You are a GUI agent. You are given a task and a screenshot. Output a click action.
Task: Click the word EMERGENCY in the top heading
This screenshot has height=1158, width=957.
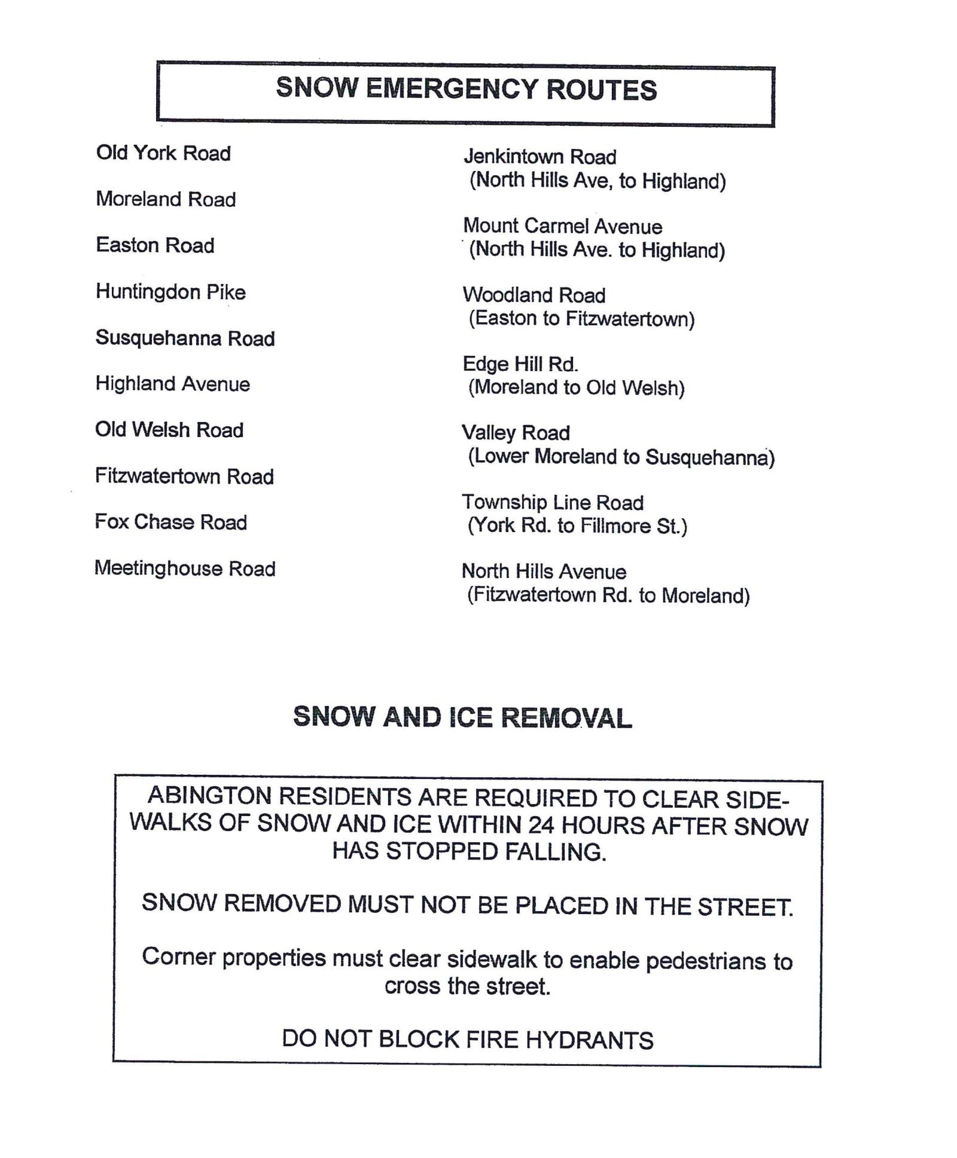point(452,89)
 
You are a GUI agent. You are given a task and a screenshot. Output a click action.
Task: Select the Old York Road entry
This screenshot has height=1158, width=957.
point(163,153)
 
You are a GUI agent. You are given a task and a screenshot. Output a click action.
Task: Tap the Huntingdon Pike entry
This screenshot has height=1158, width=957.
point(170,292)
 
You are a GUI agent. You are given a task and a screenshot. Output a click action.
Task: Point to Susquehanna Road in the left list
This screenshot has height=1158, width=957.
point(185,338)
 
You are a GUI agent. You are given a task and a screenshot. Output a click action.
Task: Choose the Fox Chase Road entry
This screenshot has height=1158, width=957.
point(170,522)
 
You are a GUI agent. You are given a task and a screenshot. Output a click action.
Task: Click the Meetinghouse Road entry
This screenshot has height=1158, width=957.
point(185,568)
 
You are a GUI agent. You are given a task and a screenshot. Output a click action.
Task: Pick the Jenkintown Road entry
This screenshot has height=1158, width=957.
point(540,157)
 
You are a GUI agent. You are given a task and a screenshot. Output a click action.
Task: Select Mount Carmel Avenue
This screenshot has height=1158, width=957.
point(562,226)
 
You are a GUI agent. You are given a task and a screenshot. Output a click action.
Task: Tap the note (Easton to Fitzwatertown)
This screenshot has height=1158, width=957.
point(581,319)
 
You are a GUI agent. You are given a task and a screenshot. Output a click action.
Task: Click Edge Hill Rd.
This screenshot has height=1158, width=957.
point(520,364)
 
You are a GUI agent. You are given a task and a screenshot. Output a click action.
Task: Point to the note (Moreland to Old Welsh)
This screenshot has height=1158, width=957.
point(576,388)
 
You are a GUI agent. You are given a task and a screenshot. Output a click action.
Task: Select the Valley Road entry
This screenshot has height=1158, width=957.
point(516,433)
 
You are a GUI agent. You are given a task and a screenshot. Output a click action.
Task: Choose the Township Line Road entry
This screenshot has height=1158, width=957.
point(552,503)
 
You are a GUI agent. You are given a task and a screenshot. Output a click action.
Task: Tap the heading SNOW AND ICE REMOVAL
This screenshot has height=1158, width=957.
point(462,717)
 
